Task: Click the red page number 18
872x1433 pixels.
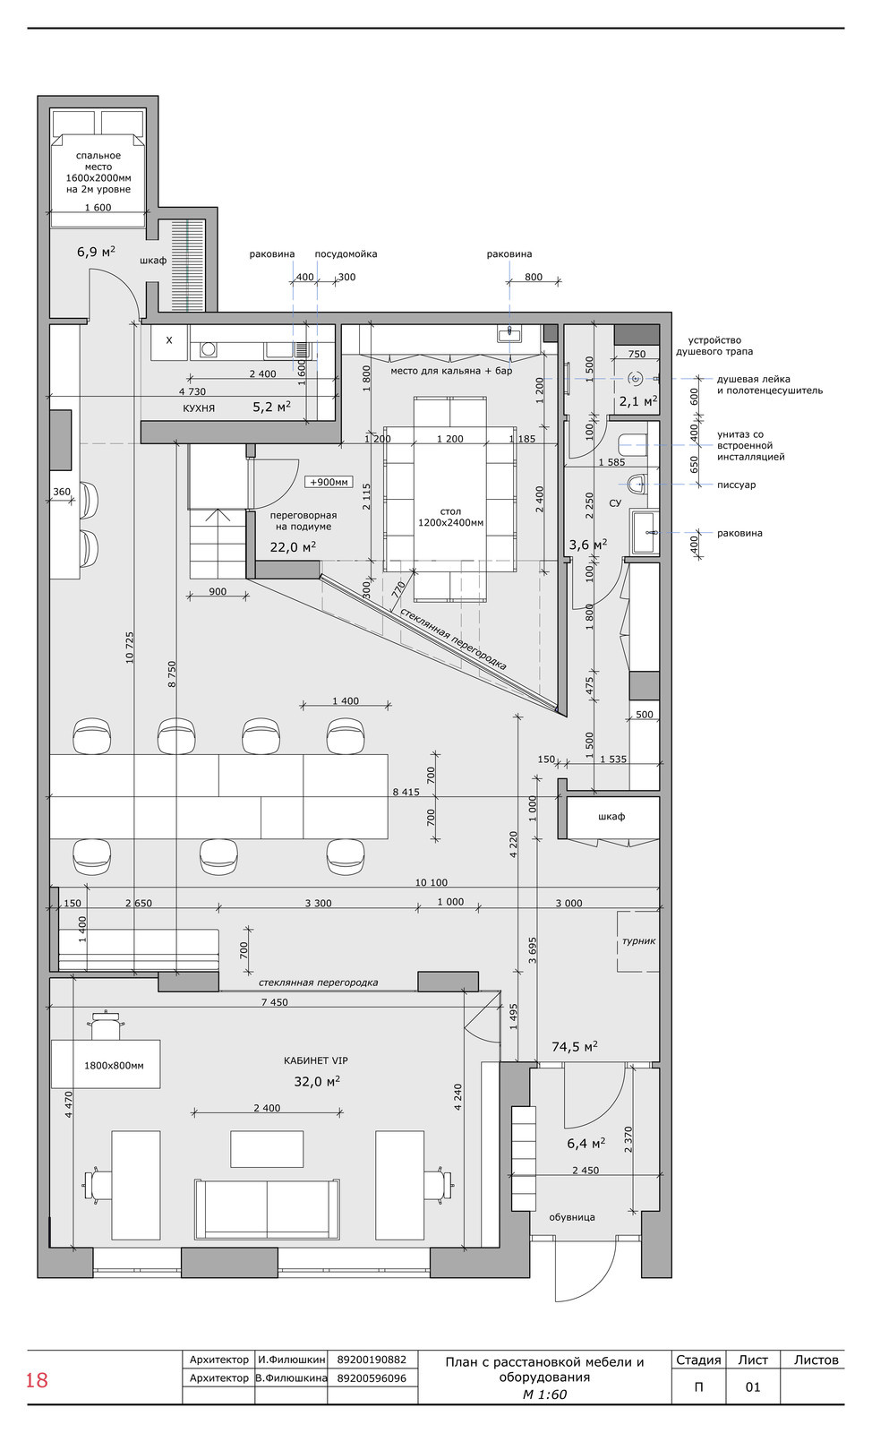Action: point(37,1380)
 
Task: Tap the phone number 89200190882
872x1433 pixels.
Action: point(372,1360)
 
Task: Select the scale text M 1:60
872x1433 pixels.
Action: point(544,1394)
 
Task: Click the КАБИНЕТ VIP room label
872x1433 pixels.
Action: point(316,1060)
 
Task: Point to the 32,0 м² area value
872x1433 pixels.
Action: point(316,1080)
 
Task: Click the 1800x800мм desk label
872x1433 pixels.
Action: point(114,1065)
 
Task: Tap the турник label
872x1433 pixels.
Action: point(638,941)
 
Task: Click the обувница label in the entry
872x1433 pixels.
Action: point(571,1217)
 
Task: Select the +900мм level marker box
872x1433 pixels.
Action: point(329,482)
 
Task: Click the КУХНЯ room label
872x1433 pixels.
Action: point(199,408)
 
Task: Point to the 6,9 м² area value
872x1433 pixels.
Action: point(96,252)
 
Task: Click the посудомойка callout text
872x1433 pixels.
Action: point(346,254)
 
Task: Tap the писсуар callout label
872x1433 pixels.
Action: point(736,485)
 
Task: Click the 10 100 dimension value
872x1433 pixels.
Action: point(432,882)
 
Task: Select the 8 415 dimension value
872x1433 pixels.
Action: point(406,792)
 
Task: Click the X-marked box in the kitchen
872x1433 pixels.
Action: point(169,341)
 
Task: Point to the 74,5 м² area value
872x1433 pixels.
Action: point(575,1046)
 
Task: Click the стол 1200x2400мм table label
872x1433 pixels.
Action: point(450,517)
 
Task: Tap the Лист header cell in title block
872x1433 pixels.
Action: point(753,1360)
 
